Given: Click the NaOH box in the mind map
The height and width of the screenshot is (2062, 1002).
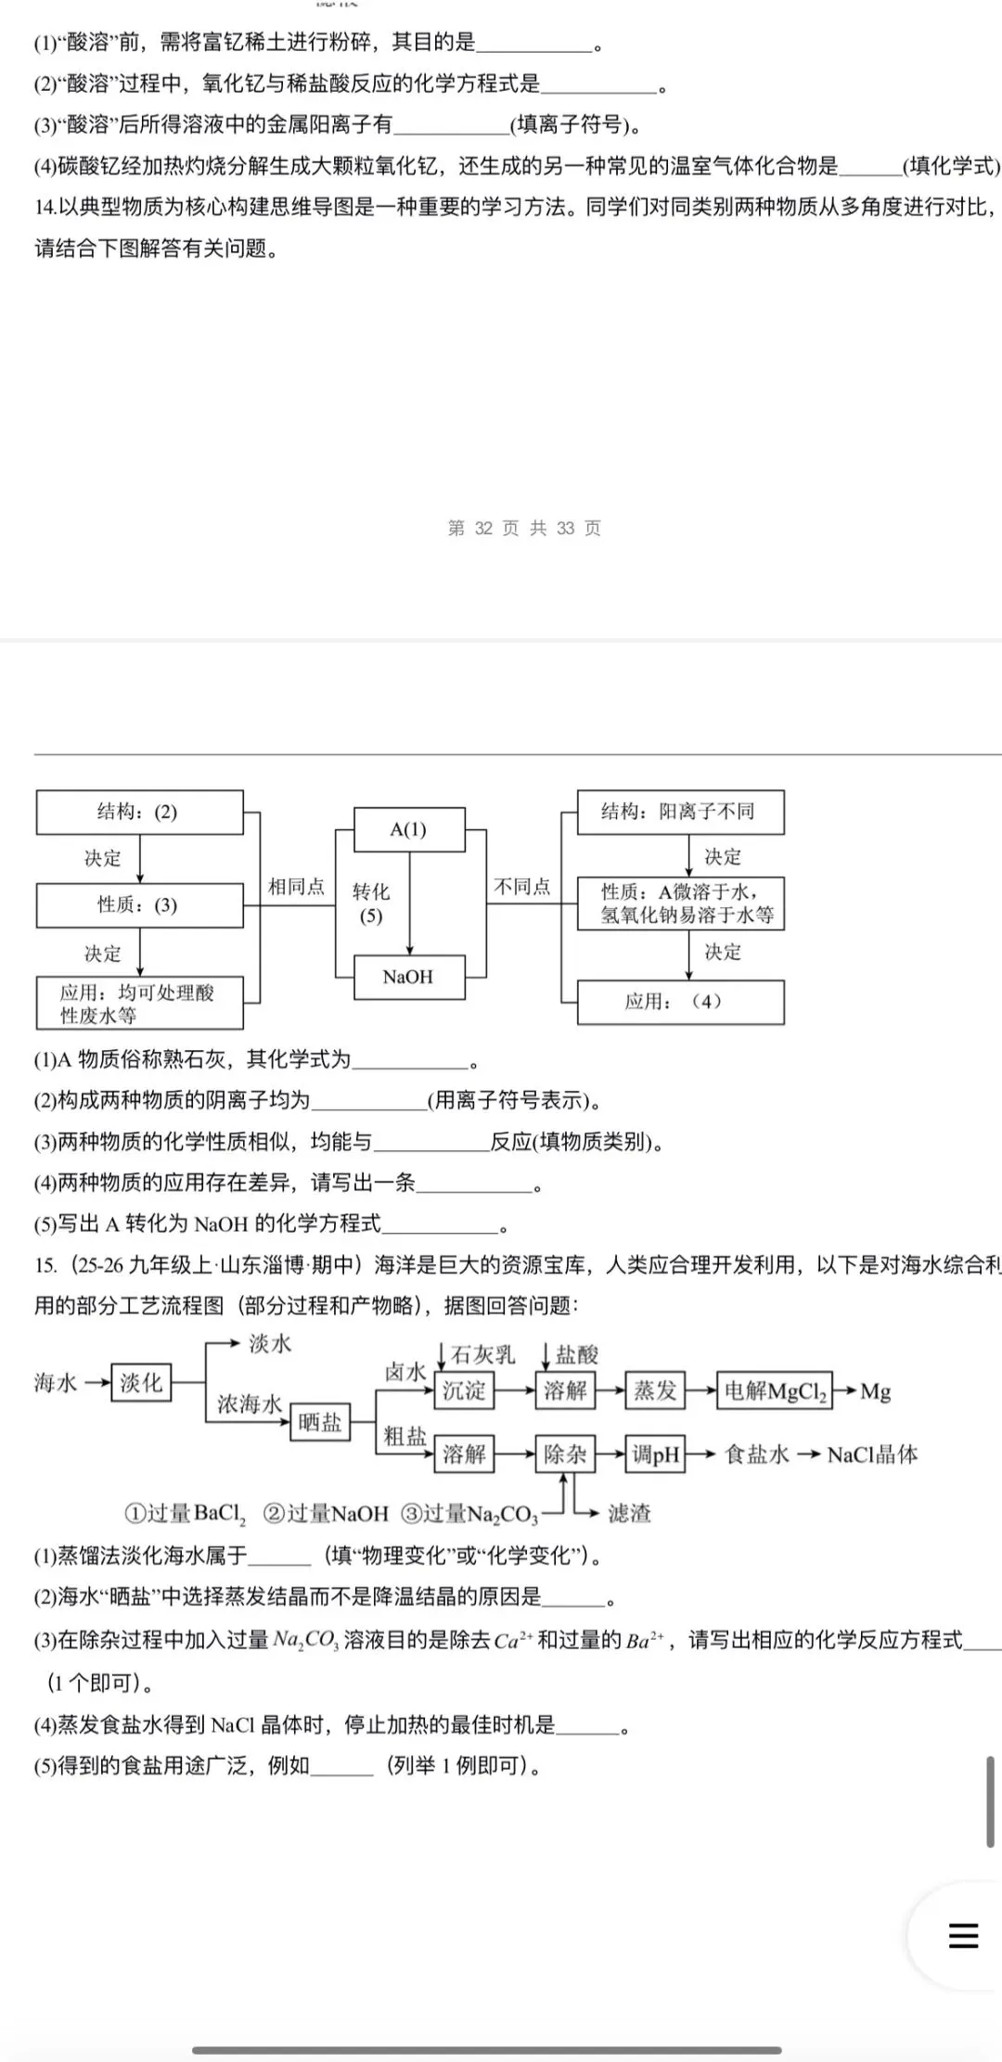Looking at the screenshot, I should pyautogui.click(x=408, y=977).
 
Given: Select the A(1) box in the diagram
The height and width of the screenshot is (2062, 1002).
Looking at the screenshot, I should pyautogui.click(x=408, y=829).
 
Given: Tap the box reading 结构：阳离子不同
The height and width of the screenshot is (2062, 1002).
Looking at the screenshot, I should pyautogui.click(x=680, y=813).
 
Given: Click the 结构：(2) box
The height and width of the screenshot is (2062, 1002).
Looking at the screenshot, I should pyautogui.click(x=139, y=813).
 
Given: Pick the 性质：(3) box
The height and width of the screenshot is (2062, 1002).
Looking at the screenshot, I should pyautogui.click(x=139, y=905).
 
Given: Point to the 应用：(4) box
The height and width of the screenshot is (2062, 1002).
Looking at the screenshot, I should pyautogui.click(x=680, y=1002).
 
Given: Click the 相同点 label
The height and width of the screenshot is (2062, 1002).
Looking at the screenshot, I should pyautogui.click(x=296, y=887).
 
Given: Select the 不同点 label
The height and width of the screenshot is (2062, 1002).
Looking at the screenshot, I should pyautogui.click(x=522, y=887).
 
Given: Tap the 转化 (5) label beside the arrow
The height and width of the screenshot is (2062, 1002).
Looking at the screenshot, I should pyautogui.click(x=371, y=903).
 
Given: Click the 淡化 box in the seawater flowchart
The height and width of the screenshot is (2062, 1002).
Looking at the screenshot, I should pyautogui.click(x=141, y=1383).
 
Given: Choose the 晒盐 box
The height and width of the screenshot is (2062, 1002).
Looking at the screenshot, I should pyautogui.click(x=320, y=1422).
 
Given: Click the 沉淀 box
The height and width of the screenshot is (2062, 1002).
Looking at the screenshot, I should pyautogui.click(x=464, y=1390).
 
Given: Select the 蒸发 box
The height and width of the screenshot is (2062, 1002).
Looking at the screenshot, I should pyautogui.click(x=655, y=1390).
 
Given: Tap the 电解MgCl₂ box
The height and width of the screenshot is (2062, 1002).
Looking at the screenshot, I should pyautogui.click(x=775, y=1391).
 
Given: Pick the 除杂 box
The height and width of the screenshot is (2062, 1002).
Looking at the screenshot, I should pyautogui.click(x=565, y=1454).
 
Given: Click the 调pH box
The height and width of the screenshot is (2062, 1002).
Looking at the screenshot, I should pyautogui.click(x=656, y=1454).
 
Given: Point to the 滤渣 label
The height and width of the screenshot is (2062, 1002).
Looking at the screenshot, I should pyautogui.click(x=629, y=1514).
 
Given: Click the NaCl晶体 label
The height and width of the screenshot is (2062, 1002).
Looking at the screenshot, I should pyautogui.click(x=872, y=1454).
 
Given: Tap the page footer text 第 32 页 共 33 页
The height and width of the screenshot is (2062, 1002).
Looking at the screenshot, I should pyautogui.click(x=524, y=529).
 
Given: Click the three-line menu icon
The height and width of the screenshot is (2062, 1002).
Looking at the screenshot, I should pyautogui.click(x=963, y=1935).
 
